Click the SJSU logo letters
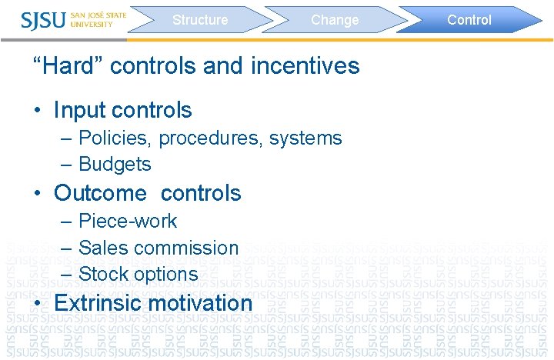point(45,20)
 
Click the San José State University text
point(98,19)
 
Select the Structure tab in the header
point(200,20)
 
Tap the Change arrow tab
point(335,20)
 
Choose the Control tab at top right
point(469,20)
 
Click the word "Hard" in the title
point(68,66)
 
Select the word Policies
point(115,138)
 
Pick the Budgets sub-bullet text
point(115,164)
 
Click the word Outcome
point(100,192)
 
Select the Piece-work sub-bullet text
point(128,222)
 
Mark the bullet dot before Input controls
point(37,111)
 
